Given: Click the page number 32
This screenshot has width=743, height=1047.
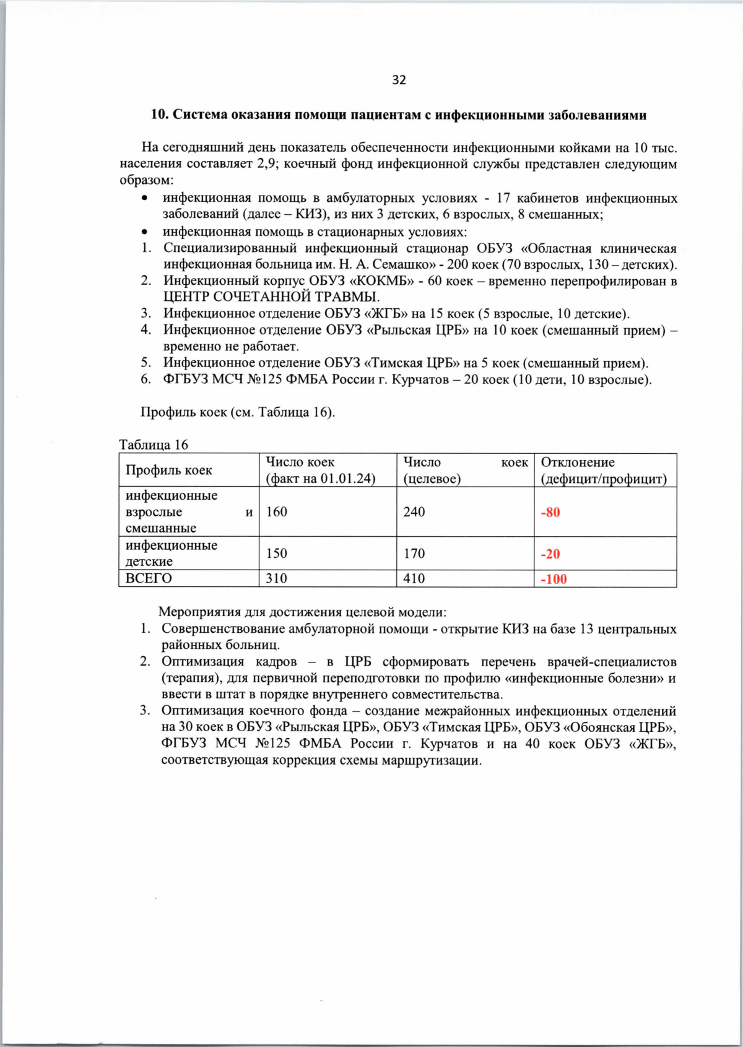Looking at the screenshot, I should click(399, 80).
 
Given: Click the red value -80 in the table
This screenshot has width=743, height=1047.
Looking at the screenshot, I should click(550, 513).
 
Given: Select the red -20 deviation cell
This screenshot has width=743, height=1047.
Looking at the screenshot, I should click(550, 554).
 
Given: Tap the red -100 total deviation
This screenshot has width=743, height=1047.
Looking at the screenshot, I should click(554, 580).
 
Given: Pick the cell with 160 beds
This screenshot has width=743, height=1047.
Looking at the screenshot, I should click(277, 512).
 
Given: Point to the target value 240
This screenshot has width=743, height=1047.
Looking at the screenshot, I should click(414, 512).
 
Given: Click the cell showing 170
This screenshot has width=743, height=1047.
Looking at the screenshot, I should click(414, 554).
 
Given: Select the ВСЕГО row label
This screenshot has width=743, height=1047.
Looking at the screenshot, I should click(149, 578).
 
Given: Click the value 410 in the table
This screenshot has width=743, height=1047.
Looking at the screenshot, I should click(414, 578).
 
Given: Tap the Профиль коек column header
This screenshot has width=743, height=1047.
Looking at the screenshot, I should click(168, 471).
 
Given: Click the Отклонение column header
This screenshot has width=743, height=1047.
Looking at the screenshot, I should click(578, 463).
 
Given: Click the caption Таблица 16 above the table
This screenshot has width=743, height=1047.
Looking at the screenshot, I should click(154, 445).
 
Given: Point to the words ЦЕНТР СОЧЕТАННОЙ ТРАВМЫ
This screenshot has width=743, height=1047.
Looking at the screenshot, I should click(271, 297).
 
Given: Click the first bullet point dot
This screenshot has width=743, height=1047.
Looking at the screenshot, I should click(144, 199).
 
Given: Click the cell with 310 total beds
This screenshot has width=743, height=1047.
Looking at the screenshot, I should click(277, 578).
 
